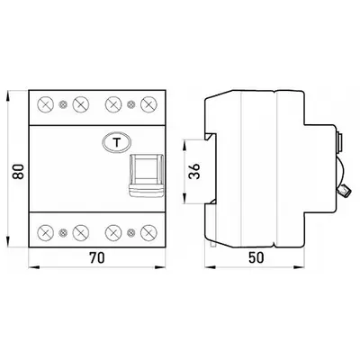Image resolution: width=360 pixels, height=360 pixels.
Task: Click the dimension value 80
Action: coord(18,171)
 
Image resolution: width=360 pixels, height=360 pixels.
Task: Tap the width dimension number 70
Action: coord(96,257)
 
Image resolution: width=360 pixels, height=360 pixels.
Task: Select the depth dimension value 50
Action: coord(256,257)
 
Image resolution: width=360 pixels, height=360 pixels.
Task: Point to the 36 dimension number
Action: coord(194,171)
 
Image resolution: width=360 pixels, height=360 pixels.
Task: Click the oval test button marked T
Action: coord(116,142)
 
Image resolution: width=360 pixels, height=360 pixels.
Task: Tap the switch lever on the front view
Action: coord(147,175)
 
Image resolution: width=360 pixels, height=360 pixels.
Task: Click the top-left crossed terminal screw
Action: coord(45,104)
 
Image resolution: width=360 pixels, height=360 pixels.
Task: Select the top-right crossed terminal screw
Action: coord(148,104)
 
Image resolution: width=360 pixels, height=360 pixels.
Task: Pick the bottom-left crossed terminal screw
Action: coord(45,232)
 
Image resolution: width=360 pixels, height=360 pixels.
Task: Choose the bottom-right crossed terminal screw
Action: coord(148,232)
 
